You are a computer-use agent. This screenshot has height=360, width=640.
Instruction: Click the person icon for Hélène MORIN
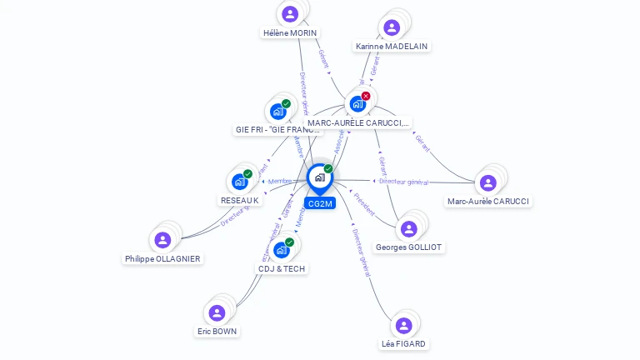coord(290,13)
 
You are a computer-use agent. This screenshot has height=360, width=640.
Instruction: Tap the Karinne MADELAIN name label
coord(392,47)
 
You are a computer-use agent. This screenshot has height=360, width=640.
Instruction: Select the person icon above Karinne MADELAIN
coord(392,27)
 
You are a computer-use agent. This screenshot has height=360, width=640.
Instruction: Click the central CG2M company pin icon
coord(319,177)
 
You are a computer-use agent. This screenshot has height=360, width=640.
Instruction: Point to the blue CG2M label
coord(319,203)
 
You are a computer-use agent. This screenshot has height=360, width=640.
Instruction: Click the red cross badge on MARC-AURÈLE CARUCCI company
coord(366,96)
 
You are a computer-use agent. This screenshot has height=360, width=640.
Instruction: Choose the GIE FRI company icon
coord(277,111)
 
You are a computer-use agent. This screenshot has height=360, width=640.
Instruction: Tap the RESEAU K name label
coord(240,201)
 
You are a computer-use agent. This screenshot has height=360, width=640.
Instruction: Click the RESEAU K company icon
coord(239,181)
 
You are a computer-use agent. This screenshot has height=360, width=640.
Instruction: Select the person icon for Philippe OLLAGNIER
coord(162,240)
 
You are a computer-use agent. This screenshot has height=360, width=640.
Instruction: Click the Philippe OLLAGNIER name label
coord(162,259)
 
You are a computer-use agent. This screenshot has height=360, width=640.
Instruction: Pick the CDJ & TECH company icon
coord(282,249)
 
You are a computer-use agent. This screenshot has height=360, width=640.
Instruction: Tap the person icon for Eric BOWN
coord(217,312)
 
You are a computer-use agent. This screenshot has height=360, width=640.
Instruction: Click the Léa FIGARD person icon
coord(403,325)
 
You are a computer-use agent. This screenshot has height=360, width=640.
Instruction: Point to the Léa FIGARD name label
coord(403,344)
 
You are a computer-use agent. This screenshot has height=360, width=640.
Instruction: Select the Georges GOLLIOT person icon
coord(408,228)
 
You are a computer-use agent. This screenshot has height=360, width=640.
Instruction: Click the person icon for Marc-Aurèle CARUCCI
coord(488,182)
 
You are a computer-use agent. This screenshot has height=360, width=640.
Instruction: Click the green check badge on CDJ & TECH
coord(289,242)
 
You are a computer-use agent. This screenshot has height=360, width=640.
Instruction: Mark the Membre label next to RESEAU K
coord(280,182)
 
